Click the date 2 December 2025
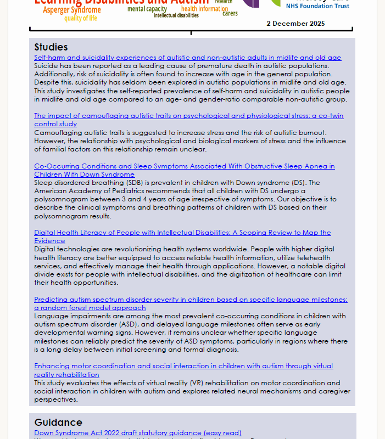[295, 24]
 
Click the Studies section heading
[51, 47]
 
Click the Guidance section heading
[58, 423]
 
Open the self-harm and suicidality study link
[187, 58]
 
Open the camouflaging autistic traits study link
[188, 116]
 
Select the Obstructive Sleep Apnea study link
[184, 166]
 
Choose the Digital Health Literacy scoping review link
[182, 233]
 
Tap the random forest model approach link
[191, 300]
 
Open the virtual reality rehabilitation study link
[183, 366]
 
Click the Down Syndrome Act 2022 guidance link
[137, 433]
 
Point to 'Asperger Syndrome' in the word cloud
[72, 10]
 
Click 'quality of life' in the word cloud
[80, 19]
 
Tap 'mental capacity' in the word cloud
[147, 9]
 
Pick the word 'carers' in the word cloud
[230, 14]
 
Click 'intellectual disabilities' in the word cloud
[176, 15]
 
